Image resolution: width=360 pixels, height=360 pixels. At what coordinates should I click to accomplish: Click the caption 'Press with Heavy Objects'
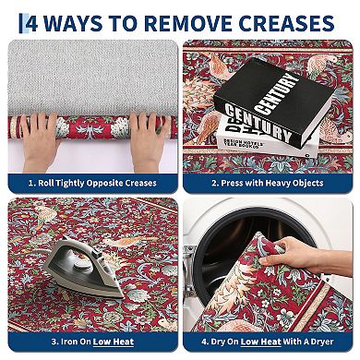pyautogui.click(x=269, y=183)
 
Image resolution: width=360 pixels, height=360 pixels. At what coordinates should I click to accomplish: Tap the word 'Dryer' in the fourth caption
pyautogui.click(x=331, y=342)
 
